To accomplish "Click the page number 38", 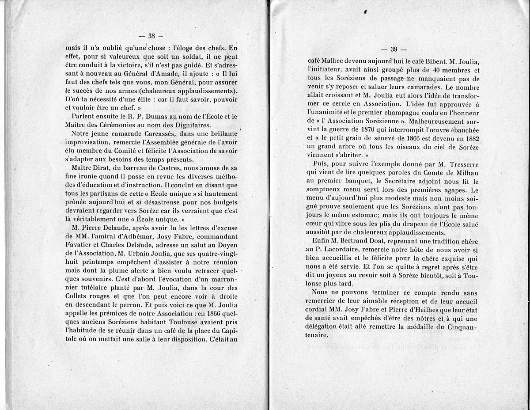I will pyautogui.click(x=151, y=36).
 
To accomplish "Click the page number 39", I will pyautogui.click(x=395, y=49).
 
